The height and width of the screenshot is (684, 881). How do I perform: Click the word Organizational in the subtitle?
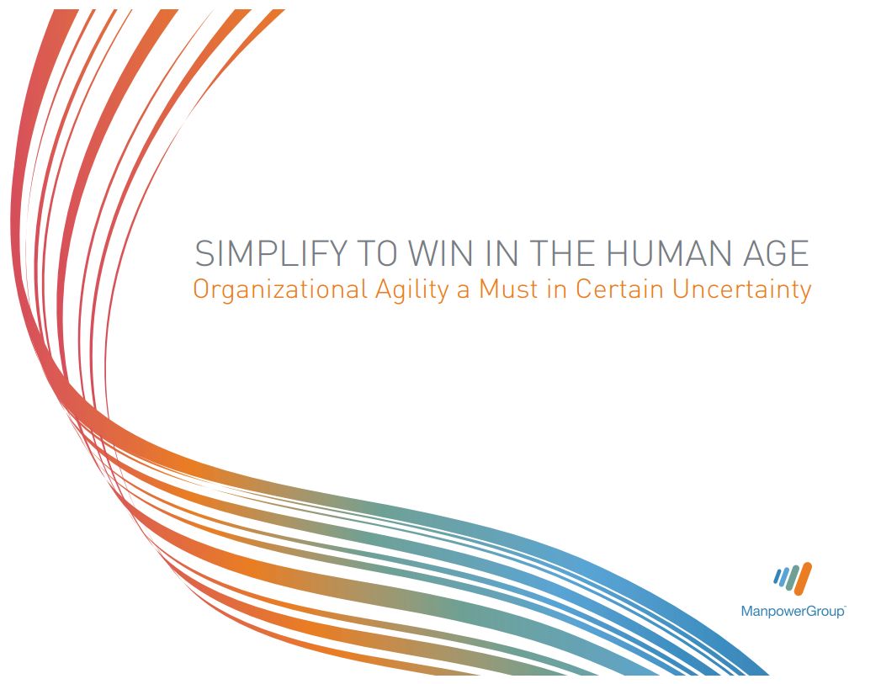point(280,289)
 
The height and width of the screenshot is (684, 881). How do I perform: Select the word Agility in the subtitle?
point(411,290)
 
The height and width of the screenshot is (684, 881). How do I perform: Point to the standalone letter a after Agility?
point(463,292)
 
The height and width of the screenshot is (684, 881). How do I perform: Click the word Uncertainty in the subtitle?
point(741,290)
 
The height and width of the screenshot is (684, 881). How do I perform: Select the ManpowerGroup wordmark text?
point(792,611)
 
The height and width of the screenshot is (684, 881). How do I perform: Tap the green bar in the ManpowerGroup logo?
point(793,579)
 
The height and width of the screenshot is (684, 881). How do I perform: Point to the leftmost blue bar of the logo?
point(777,576)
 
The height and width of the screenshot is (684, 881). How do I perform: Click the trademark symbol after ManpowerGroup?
point(845,607)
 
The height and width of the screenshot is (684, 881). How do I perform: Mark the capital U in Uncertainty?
point(680,289)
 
